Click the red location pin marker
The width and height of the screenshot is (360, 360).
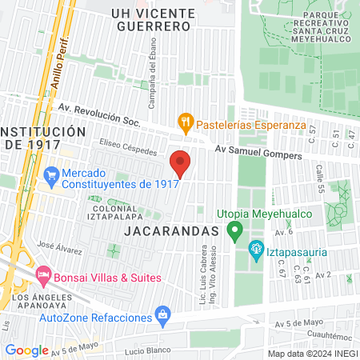pos(180,162)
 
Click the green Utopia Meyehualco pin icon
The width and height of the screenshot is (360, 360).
pos(234,232)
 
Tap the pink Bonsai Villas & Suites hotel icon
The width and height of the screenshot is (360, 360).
pos(43,277)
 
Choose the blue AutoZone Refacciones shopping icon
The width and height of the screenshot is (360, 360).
pos(163,314)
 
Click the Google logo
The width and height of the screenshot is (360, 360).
pos(26,350)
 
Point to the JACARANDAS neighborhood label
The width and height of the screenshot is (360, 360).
pos(172,230)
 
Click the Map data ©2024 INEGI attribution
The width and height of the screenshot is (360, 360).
pos(311,353)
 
